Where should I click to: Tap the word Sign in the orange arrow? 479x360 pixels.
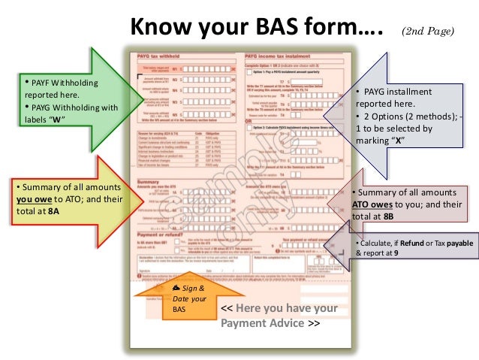tap(184, 288)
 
